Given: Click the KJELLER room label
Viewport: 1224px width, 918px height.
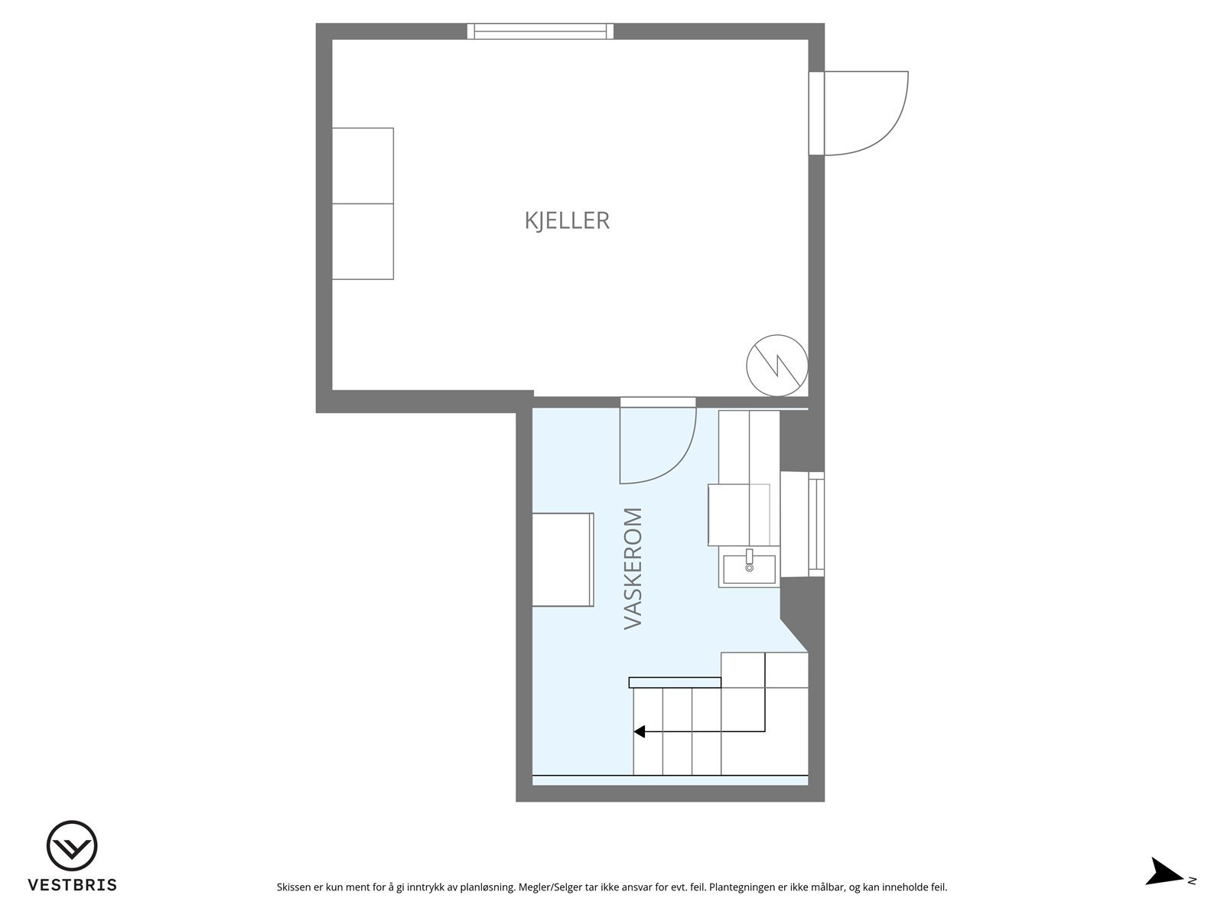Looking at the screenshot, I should (567, 220).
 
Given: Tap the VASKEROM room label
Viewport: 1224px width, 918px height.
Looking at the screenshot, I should (633, 568).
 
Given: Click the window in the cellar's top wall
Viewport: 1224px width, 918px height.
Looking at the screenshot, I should (540, 31).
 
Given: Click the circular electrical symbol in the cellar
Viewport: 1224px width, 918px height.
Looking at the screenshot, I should (776, 365).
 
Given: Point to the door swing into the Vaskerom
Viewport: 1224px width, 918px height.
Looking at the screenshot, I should (666, 451).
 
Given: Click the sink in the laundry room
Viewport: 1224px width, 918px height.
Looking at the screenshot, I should (749, 567).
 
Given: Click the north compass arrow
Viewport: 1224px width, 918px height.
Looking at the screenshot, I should (1165, 872).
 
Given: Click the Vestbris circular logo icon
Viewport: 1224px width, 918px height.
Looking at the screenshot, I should (72, 847).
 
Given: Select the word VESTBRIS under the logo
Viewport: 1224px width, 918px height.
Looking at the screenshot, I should (72, 885).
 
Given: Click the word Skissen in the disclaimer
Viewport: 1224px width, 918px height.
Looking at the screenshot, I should (293, 887).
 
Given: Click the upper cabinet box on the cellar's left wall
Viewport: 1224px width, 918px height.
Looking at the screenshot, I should (363, 165).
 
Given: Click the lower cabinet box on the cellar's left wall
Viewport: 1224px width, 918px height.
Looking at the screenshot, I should (363, 241).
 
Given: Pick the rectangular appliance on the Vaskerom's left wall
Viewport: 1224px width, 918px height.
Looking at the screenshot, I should (563, 559).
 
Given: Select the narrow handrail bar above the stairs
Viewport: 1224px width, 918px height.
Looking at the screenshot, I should (674, 682).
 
